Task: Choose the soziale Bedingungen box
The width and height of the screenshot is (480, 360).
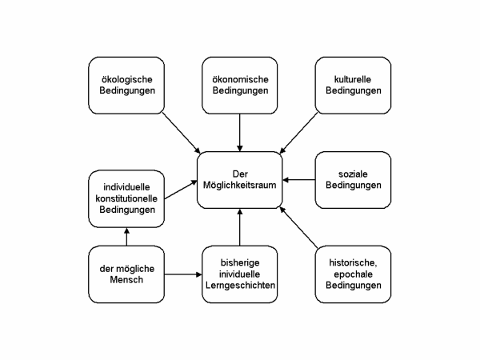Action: [x=353, y=180]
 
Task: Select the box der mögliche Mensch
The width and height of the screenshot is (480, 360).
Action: [x=125, y=274]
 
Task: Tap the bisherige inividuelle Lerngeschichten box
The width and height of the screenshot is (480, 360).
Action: [x=239, y=274]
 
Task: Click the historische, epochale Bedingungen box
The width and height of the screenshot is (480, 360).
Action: [x=353, y=274]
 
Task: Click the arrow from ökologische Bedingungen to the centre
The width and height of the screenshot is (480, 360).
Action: [x=182, y=131]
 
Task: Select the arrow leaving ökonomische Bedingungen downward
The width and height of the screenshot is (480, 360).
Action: [x=239, y=131]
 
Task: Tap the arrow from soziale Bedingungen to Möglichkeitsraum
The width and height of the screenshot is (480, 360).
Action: [x=300, y=180]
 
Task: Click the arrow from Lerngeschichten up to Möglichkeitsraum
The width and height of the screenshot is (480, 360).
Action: [x=239, y=226]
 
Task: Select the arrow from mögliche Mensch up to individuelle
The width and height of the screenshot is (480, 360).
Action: [x=125, y=237]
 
